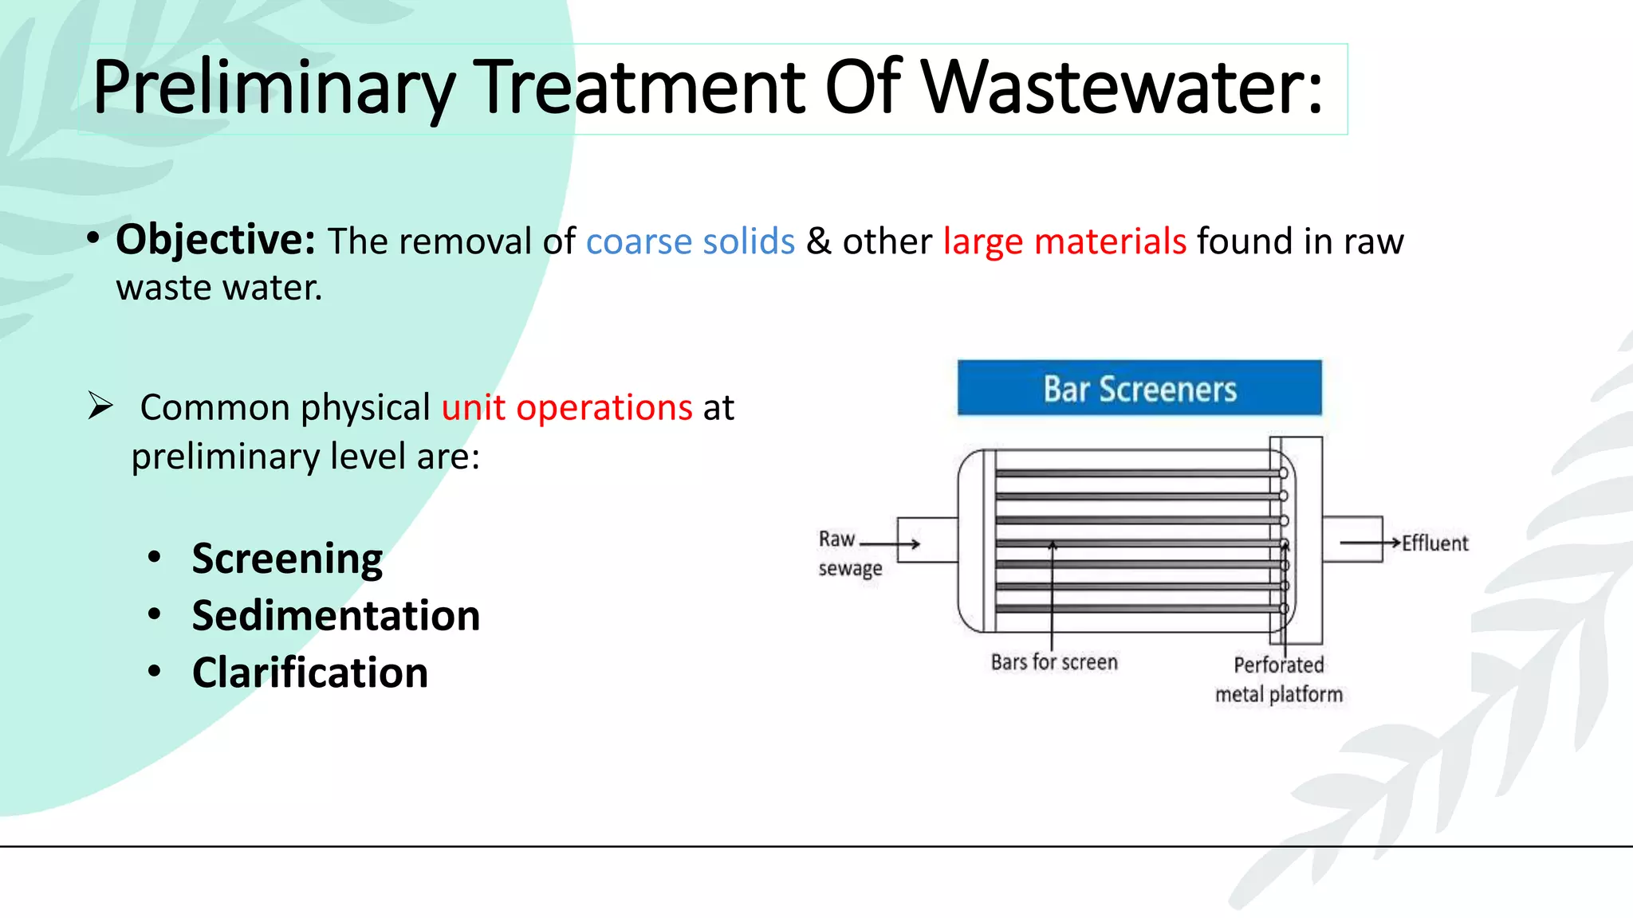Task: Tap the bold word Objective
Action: coord(215,239)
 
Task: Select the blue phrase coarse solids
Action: coord(691,241)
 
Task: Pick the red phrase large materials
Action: coord(1064,241)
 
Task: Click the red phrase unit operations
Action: coord(567,408)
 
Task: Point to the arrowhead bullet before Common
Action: coord(100,406)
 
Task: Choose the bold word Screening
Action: coord(287,559)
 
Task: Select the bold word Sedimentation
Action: coord(336,616)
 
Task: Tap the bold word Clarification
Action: coord(310,673)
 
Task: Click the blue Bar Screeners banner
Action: coord(1139,388)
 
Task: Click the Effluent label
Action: coord(1434,543)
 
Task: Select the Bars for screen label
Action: coord(1054,662)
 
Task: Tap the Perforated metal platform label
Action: coord(1279,680)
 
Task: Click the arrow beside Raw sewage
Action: coord(891,544)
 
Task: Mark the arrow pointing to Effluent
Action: coord(1370,543)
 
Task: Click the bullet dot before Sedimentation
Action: coord(155,614)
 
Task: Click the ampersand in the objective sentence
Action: coord(819,241)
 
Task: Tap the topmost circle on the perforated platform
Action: coord(1283,473)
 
